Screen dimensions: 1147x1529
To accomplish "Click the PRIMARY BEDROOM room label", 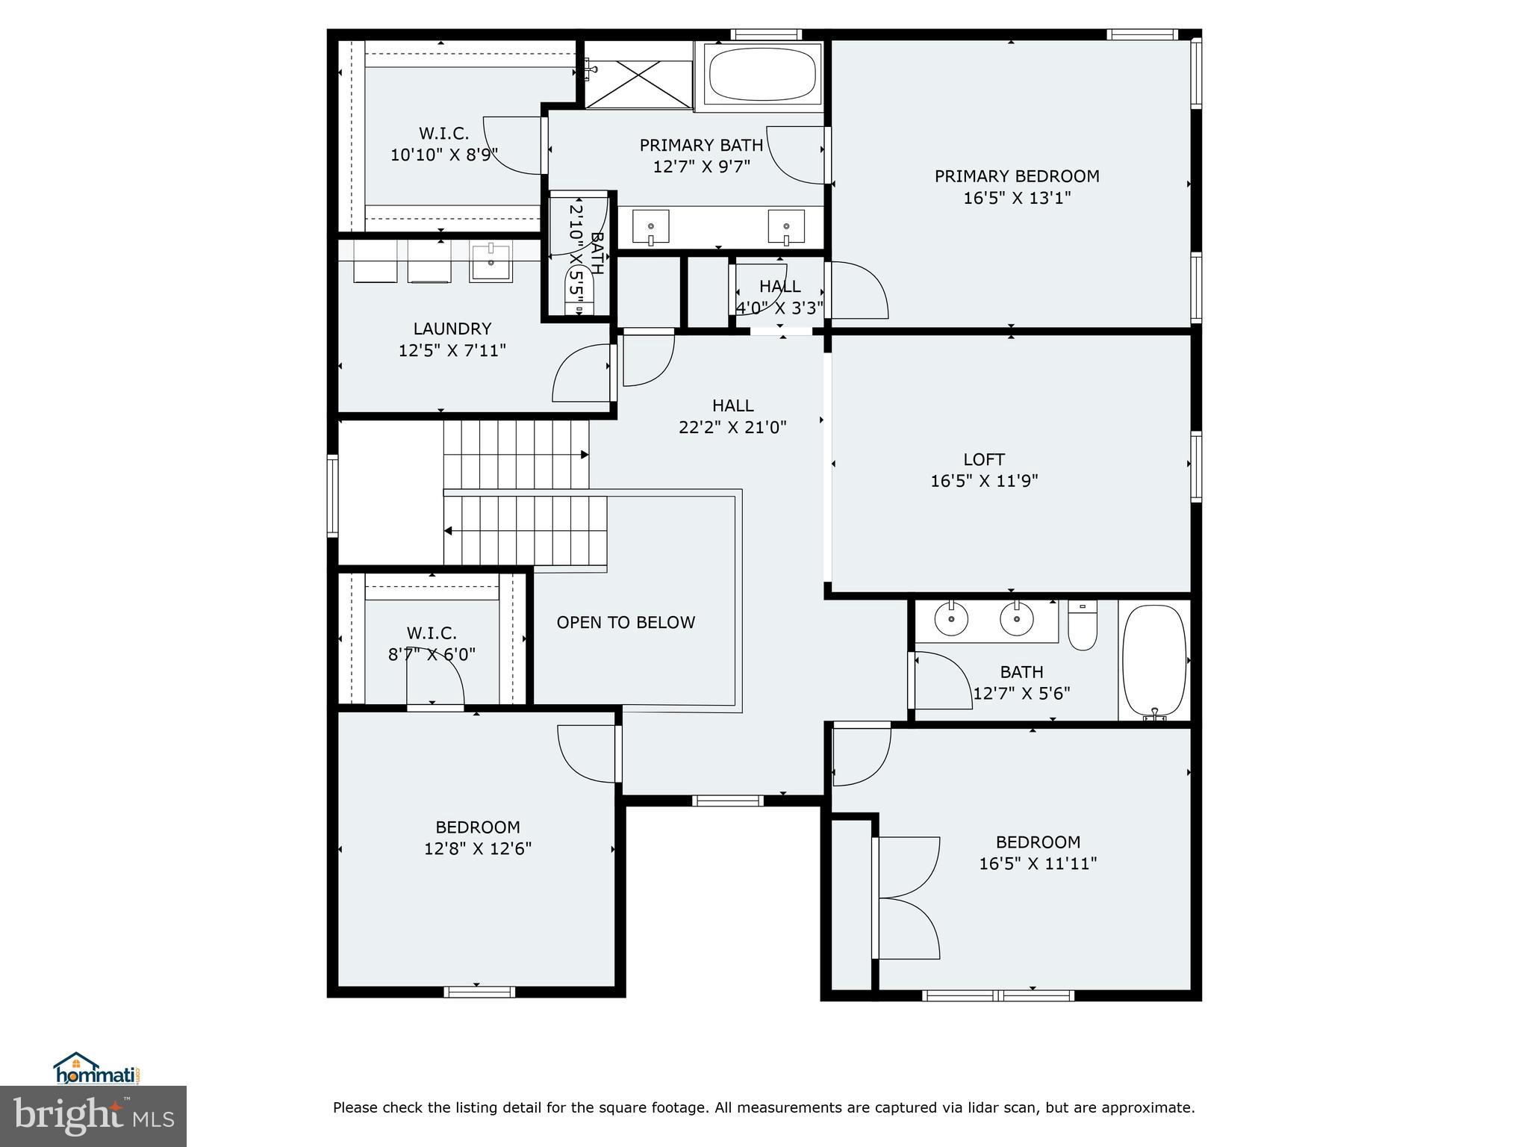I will [1017, 176].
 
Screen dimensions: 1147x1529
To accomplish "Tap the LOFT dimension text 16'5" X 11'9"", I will [984, 481].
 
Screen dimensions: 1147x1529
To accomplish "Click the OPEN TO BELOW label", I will [626, 623].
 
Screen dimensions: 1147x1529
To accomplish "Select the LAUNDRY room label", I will [452, 329].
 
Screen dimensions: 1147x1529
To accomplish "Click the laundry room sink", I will [491, 263].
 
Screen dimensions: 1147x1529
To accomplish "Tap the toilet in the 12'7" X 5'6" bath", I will [1083, 627].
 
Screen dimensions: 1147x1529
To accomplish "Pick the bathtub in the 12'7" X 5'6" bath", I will [1154, 660].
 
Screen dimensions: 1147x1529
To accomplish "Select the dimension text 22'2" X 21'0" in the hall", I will [732, 428].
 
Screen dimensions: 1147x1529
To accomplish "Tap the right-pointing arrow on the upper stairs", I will [585, 455].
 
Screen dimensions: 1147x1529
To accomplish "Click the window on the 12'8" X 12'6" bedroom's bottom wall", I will [479, 992].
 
